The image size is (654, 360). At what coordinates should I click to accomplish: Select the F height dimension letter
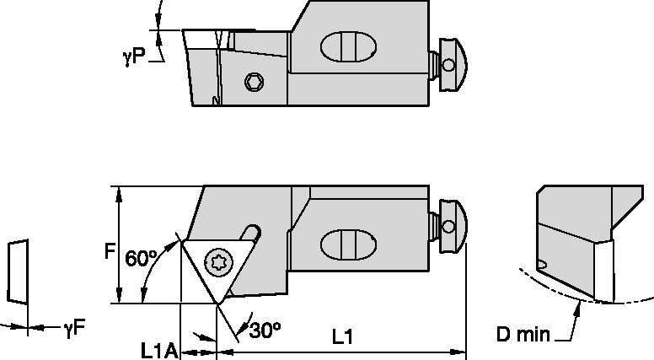(109, 250)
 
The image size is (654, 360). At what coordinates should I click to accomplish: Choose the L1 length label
(340, 336)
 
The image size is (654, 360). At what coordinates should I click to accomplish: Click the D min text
(523, 335)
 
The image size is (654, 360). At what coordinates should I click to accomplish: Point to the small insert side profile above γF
(17, 271)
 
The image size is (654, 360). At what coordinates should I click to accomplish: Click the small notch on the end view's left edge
(543, 265)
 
